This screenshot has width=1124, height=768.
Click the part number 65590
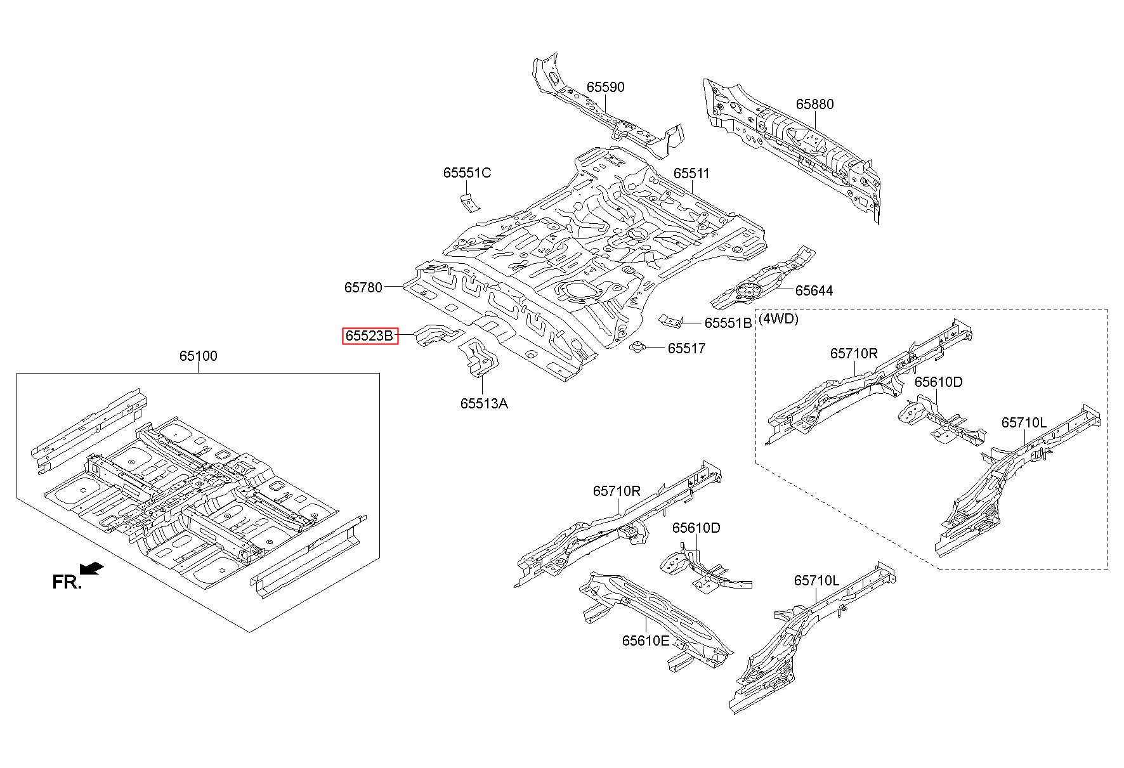605,87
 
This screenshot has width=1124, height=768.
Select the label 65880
815,104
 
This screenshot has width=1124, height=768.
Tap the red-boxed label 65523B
370,335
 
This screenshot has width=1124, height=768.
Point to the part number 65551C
467,172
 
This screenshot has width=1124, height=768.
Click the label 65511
691,173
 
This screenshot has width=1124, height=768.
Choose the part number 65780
363,287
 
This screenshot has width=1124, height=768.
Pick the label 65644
814,290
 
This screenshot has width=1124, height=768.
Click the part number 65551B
728,323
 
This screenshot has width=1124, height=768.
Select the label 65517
686,348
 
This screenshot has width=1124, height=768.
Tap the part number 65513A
484,403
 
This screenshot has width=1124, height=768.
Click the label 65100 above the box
198,356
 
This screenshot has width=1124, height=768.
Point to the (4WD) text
779,318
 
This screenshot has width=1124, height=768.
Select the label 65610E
646,641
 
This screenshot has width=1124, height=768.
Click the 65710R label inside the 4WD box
854,353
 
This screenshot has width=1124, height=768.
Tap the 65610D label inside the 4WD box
938,382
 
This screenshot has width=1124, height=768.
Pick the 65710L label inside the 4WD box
1024,422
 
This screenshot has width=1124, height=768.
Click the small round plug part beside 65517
638,347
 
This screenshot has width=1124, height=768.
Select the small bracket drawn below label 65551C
470,203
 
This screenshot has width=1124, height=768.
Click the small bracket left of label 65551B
670,321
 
